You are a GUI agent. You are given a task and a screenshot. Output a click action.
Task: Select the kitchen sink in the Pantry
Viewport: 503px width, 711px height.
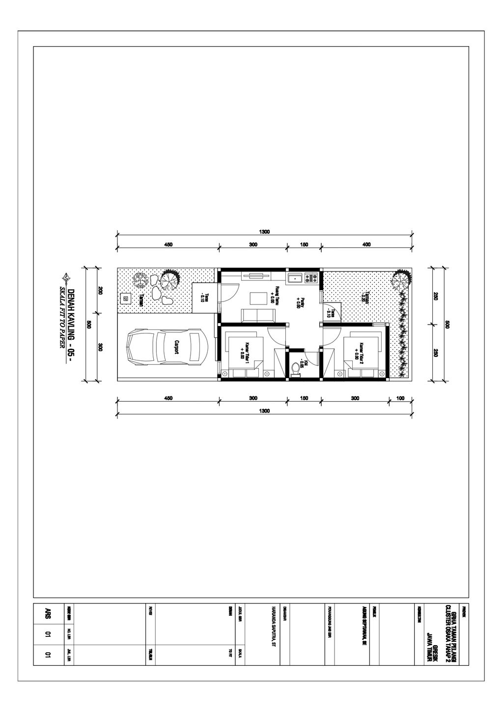pyautogui.click(x=296, y=278)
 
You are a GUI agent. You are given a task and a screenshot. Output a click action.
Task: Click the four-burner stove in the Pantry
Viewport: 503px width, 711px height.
pyautogui.click(x=311, y=278)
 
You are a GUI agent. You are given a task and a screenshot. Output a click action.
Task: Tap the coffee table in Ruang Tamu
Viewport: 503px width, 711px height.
pyautogui.click(x=256, y=298)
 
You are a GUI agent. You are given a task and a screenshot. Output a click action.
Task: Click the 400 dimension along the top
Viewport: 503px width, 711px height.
pyautogui.click(x=366, y=244)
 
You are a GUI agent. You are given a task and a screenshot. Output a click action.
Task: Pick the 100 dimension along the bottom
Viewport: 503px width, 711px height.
pyautogui.click(x=400, y=398)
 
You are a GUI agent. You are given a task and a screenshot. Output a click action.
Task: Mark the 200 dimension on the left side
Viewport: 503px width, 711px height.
pyautogui.click(x=100, y=290)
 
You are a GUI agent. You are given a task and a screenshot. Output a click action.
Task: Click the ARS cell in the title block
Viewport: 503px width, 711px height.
pyautogui.click(x=48, y=613)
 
